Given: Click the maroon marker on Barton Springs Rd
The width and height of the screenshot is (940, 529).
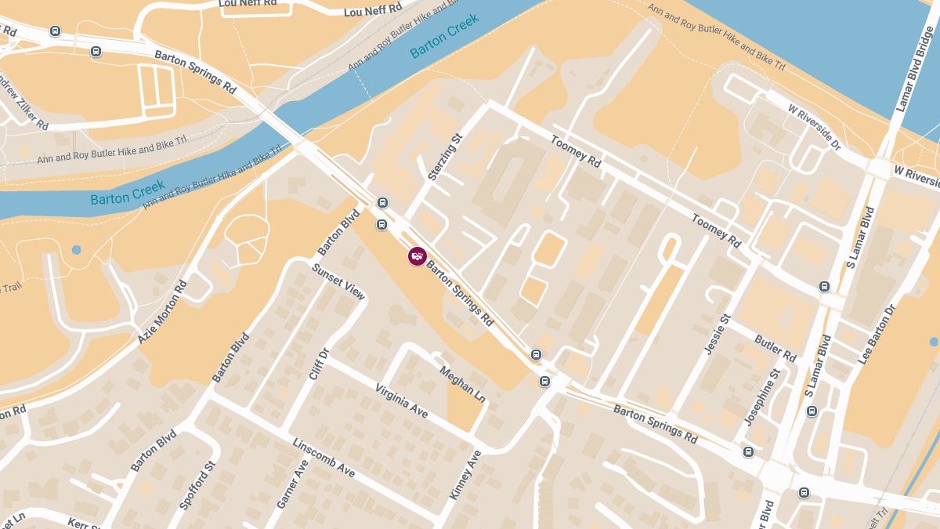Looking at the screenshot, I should pyautogui.click(x=417, y=256).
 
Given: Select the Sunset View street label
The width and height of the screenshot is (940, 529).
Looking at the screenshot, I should pyautogui.click(x=338, y=282).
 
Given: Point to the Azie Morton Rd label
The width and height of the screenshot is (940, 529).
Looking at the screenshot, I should pyautogui.click(x=163, y=312).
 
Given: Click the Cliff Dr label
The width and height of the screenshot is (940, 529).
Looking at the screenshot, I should pyautogui.click(x=319, y=364).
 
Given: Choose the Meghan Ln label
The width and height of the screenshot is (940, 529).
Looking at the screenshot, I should pyautogui.click(x=462, y=384).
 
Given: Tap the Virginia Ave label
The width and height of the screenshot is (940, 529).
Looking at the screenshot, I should pyautogui.click(x=401, y=400).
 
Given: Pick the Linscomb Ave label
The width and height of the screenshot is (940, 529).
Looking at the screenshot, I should pyautogui.click(x=324, y=458).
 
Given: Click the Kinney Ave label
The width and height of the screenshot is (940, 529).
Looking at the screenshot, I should pyautogui.click(x=465, y=475).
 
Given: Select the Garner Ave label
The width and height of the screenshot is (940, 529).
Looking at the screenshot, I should pyautogui.click(x=292, y=484).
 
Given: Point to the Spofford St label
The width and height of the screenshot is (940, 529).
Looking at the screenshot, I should pyautogui.click(x=197, y=486).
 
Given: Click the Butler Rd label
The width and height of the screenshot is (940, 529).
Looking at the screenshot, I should pyautogui.click(x=775, y=348).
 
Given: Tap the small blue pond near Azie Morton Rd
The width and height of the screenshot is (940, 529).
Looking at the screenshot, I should pyautogui.click(x=76, y=250).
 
